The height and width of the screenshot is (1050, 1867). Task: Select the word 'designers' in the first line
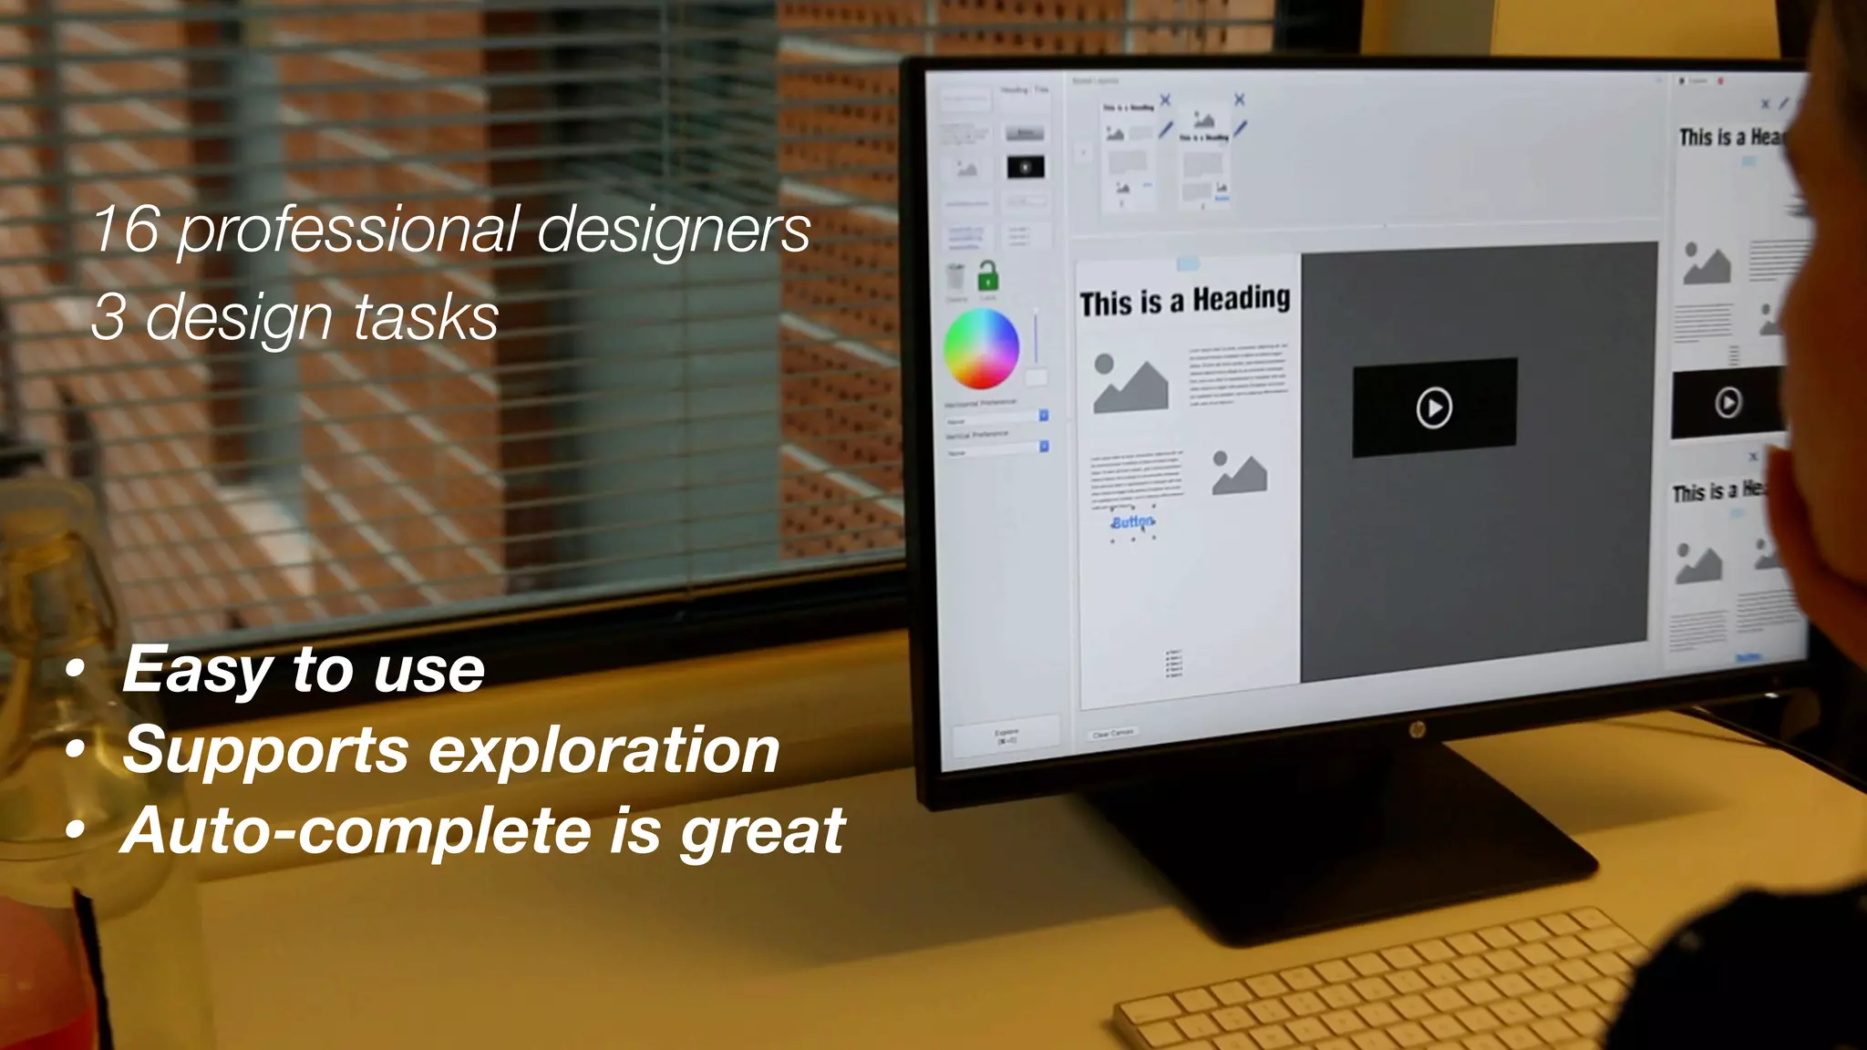click(674, 229)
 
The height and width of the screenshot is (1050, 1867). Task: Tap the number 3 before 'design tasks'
click(108, 317)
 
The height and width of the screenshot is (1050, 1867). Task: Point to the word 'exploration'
click(603, 750)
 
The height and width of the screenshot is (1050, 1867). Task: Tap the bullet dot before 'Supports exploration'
click(76, 750)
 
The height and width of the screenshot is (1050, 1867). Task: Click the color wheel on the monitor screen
click(981, 349)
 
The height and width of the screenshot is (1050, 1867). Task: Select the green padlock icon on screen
click(987, 275)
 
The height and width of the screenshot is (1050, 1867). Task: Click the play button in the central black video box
click(1434, 407)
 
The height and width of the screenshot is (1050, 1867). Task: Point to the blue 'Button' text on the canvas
click(1132, 522)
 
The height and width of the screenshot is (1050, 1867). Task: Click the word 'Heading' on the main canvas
click(1242, 299)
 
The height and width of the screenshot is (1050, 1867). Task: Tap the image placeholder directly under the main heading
click(1130, 383)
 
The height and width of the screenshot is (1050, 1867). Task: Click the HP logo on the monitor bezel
click(1417, 730)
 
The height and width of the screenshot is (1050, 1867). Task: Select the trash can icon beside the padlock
click(955, 276)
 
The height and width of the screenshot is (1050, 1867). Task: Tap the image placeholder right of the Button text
click(1239, 472)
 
